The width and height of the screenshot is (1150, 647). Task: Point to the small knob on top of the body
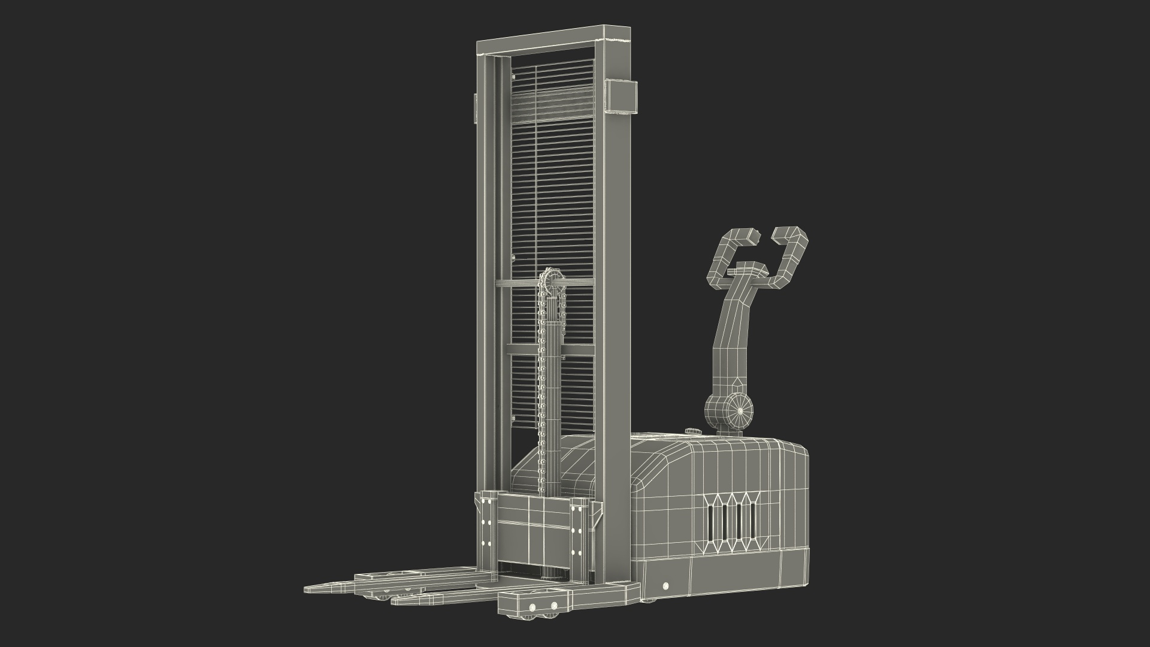point(692,431)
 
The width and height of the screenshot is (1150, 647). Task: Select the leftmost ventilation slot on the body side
point(710,520)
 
